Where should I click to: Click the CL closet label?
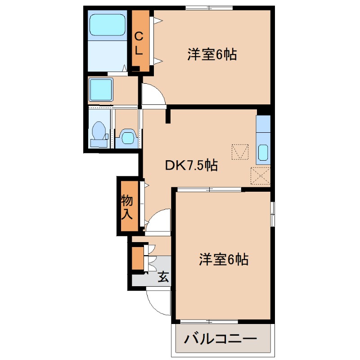[x=139, y=42]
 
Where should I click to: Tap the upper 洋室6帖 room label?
[x=212, y=55]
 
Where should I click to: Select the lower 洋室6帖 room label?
[x=224, y=260]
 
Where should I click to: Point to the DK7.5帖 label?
[x=191, y=166]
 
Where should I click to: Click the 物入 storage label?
[x=127, y=207]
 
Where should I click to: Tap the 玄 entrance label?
[x=163, y=277]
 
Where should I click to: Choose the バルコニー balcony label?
[x=220, y=339]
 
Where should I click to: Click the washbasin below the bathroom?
[x=101, y=90]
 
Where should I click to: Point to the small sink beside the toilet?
[x=127, y=137]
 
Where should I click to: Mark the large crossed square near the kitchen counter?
[x=261, y=175]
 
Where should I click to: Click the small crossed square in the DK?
[x=240, y=152]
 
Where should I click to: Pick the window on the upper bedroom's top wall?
[x=209, y=8]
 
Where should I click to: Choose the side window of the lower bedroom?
[x=273, y=214]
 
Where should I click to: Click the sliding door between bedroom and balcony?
[x=209, y=321]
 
